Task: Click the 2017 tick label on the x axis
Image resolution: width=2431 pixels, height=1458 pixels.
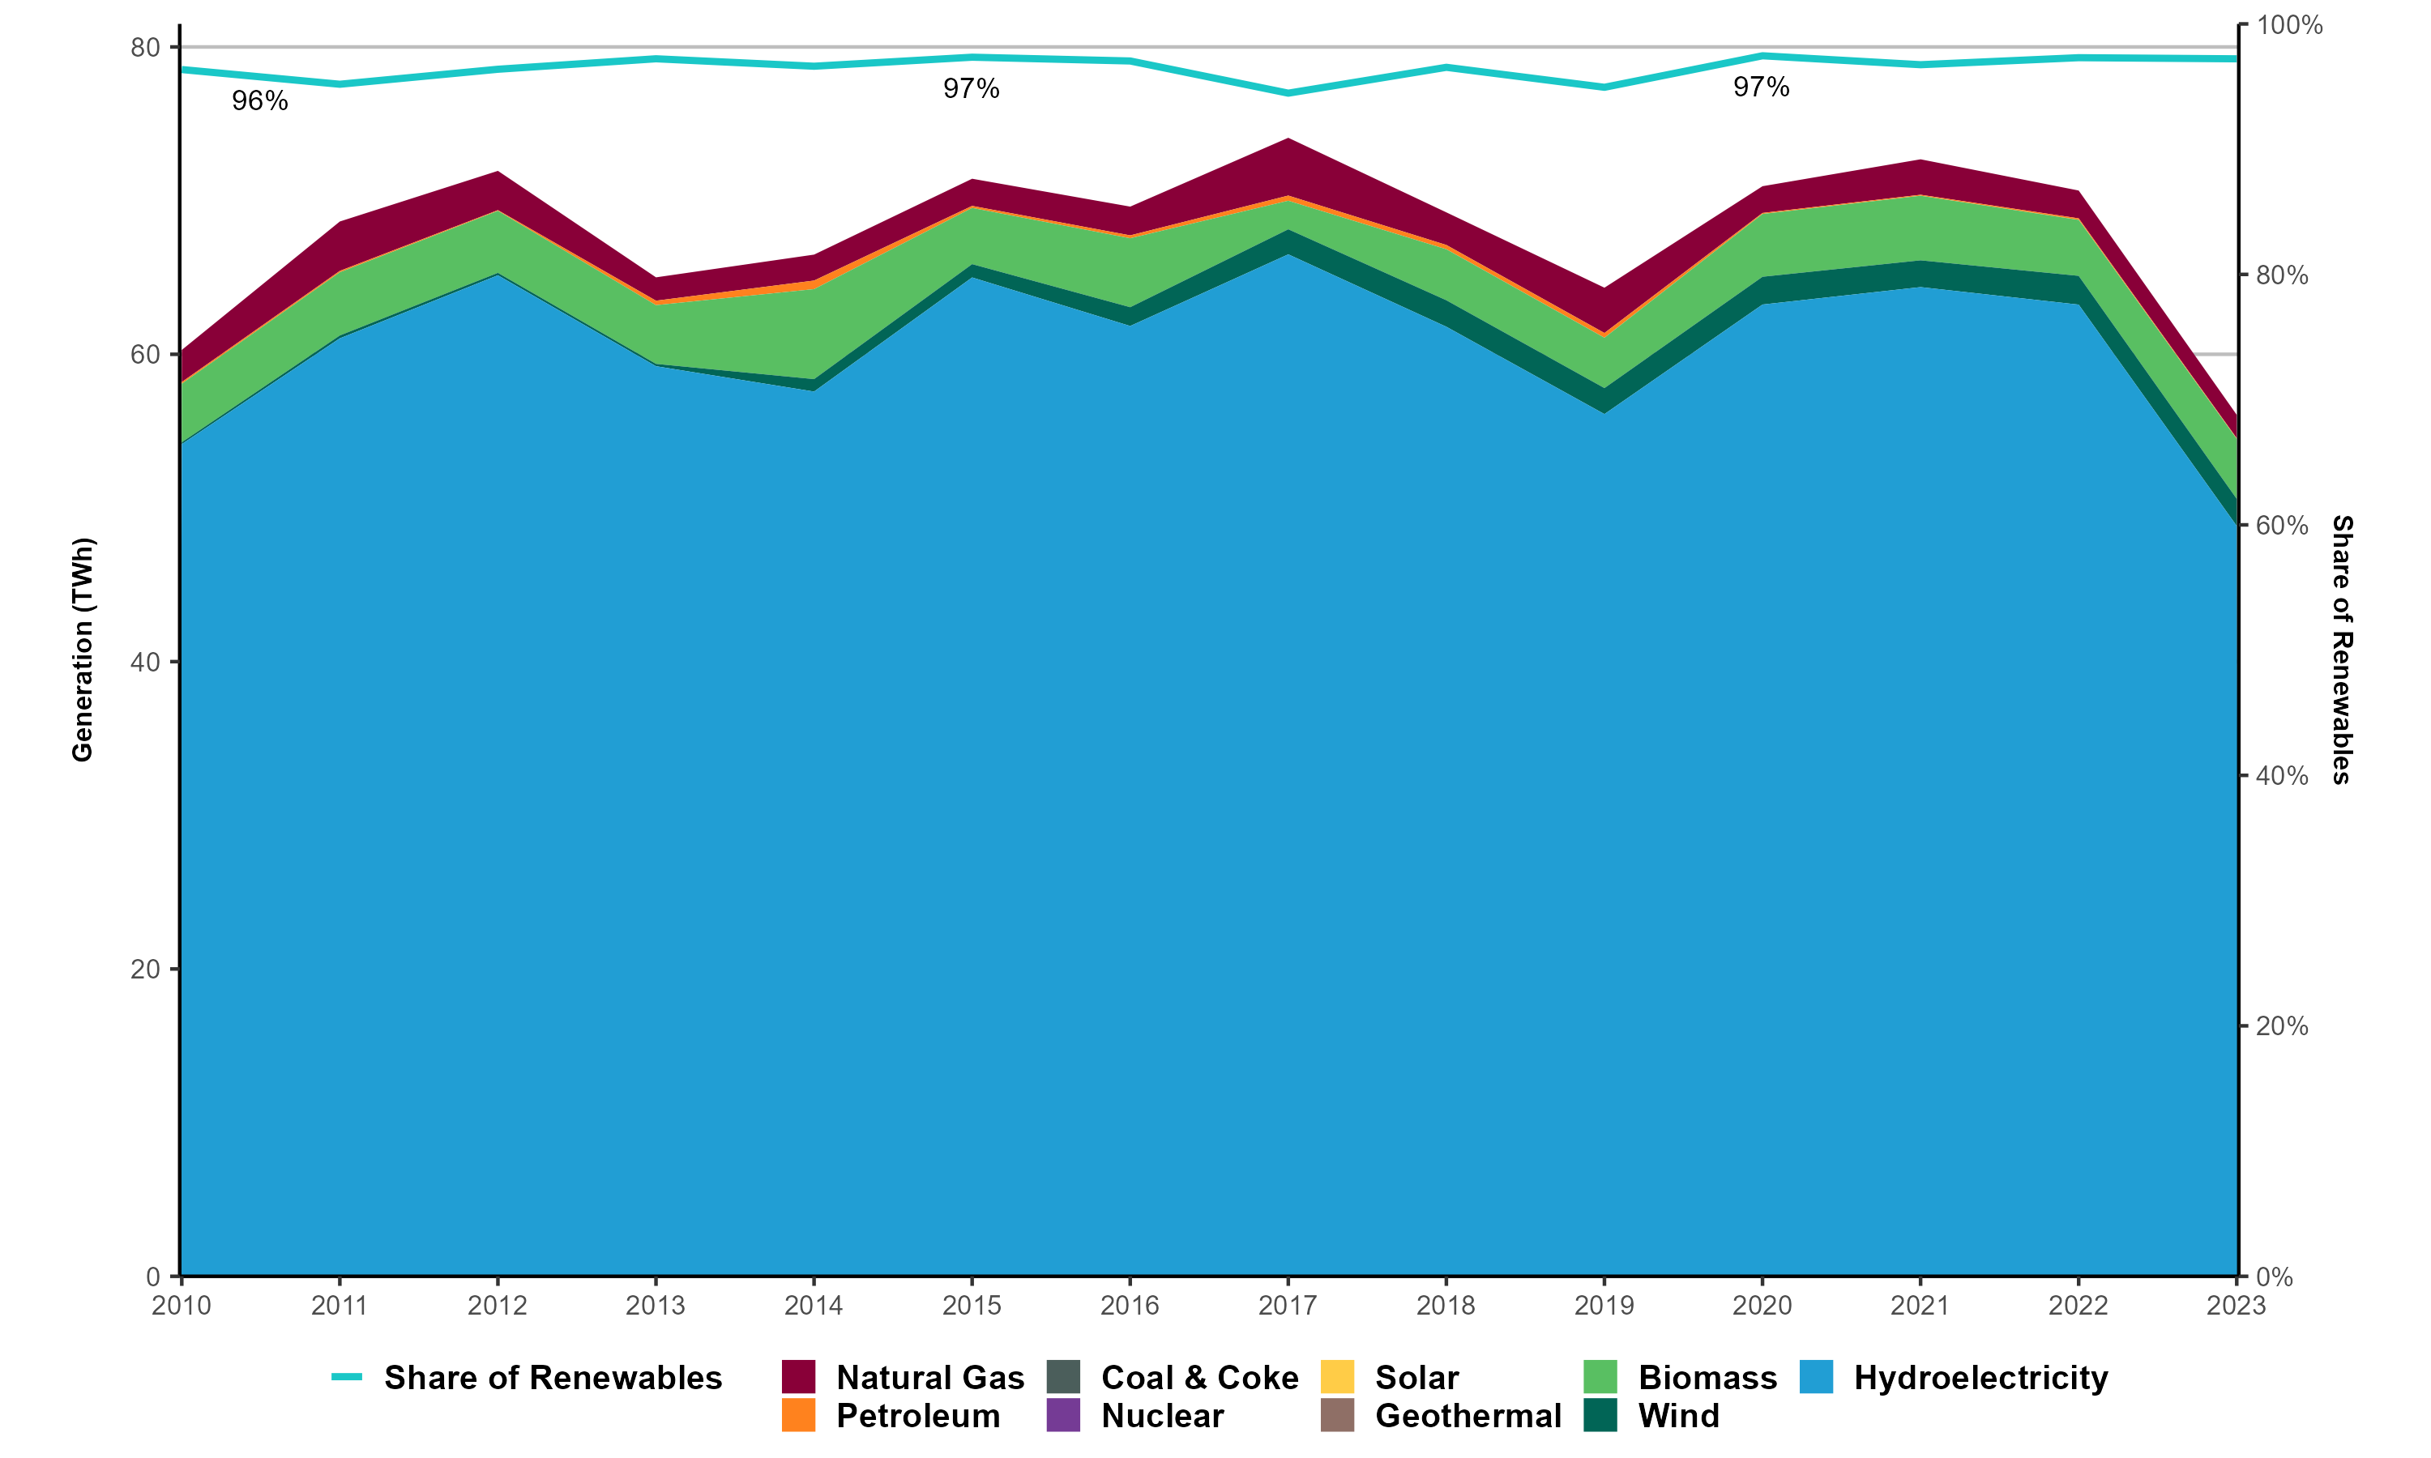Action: (x=1288, y=1306)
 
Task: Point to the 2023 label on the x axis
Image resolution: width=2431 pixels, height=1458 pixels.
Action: (x=2236, y=1306)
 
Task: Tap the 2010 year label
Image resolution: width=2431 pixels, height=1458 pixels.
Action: (x=182, y=1306)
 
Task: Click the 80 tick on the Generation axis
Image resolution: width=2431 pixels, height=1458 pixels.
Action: (x=144, y=47)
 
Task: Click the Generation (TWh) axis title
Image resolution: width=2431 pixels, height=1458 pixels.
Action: (x=83, y=650)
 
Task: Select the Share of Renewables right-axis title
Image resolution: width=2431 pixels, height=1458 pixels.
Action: (x=2343, y=650)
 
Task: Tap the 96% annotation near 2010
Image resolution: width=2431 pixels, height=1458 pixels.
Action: (x=259, y=101)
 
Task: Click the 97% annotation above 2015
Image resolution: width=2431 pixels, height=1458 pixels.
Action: (x=971, y=89)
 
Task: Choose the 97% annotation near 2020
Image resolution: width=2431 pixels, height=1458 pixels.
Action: (x=1761, y=87)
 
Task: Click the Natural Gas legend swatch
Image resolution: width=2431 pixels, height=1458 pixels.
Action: (x=799, y=1376)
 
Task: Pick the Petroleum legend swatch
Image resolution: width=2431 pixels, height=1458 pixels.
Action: (x=799, y=1415)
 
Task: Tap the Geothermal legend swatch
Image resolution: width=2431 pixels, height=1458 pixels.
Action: (x=1337, y=1415)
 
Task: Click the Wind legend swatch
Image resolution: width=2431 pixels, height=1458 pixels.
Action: (x=1600, y=1415)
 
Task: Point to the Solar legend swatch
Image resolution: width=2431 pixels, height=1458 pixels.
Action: (x=1337, y=1376)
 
